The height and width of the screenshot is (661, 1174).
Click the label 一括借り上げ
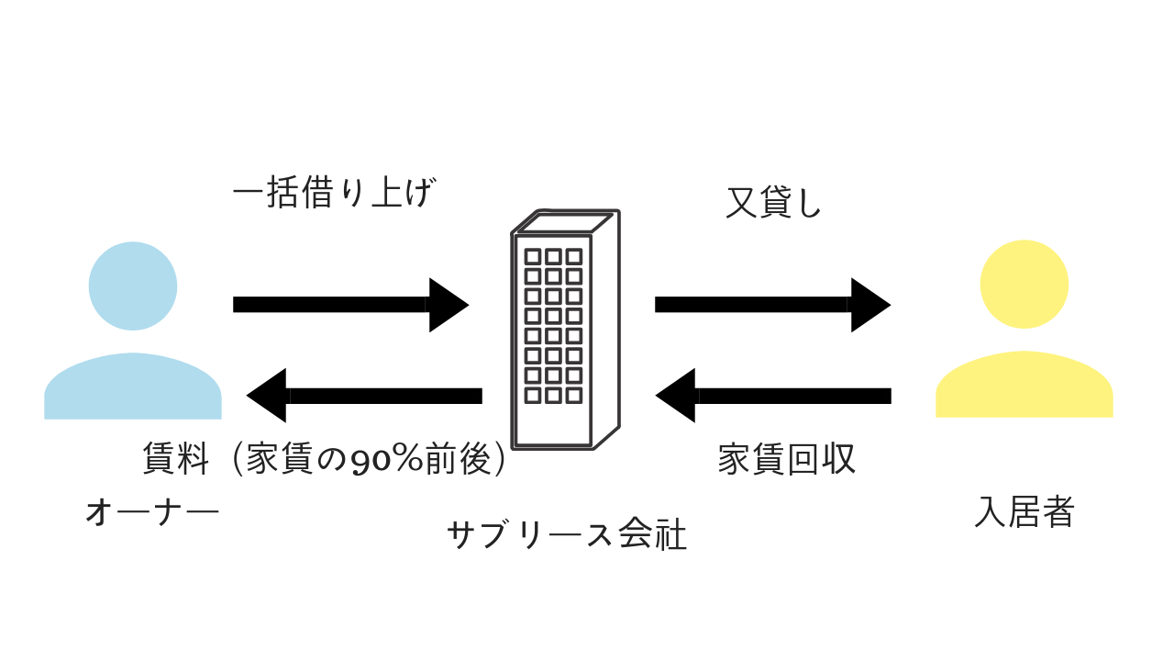point(332,195)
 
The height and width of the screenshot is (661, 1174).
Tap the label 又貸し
point(773,204)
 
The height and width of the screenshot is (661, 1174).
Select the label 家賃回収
point(786,460)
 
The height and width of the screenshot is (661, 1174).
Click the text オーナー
point(152,511)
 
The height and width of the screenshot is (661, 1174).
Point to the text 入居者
point(1024,511)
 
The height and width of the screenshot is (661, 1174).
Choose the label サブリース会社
point(566,535)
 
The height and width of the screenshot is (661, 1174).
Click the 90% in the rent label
point(389,460)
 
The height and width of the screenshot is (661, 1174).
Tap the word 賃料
point(176,459)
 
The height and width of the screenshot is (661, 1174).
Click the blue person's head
point(133,286)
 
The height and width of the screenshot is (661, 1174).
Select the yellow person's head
point(1024,284)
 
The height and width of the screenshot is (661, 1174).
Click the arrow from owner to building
point(350,305)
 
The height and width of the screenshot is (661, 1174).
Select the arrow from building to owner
point(364,396)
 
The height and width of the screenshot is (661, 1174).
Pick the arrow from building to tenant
point(772,305)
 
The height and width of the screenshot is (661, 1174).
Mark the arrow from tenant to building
point(773,396)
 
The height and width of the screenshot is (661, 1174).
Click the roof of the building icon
point(563,222)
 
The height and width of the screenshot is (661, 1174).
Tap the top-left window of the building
point(533,256)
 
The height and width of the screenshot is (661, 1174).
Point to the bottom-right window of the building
point(574,396)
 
